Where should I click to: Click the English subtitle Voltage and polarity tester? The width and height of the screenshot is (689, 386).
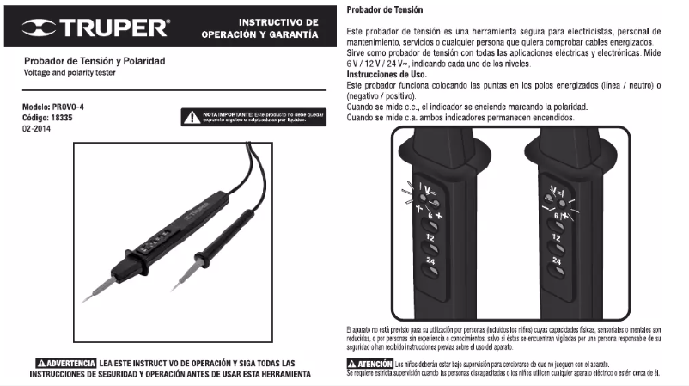point(68,72)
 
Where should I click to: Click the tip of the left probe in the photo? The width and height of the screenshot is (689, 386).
point(86,300)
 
